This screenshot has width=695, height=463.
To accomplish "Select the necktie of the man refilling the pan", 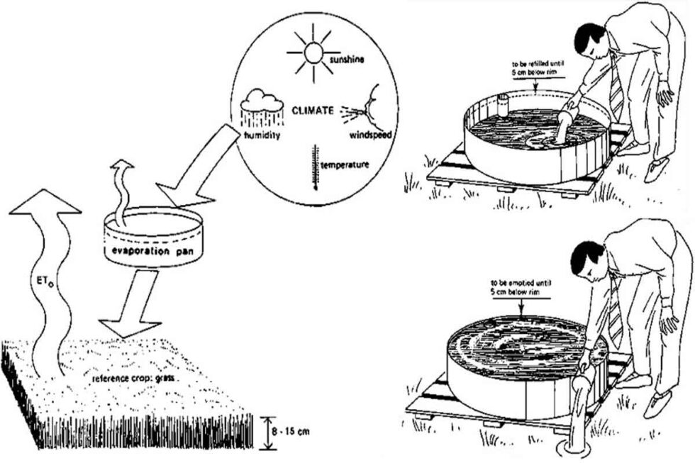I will (x=618, y=96).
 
